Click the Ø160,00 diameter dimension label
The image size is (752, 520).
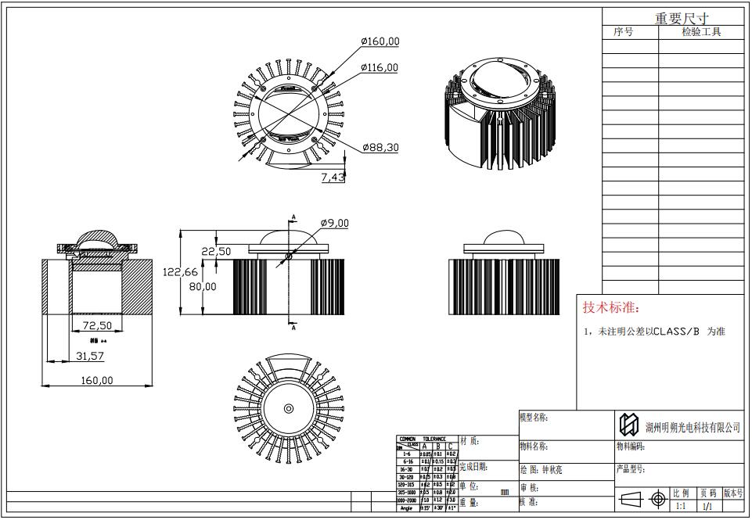coord(380,41)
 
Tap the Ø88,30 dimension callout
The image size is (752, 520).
coord(381,147)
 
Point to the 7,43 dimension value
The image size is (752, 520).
coord(333,178)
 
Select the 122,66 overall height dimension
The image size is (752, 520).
coord(180,272)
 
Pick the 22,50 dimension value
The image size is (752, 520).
coord(216,252)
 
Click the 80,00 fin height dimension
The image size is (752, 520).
coord(203,286)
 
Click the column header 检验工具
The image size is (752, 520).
coord(701,32)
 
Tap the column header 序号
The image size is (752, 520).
coord(624,32)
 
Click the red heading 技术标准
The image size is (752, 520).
coord(611,307)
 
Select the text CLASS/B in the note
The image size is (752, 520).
coord(675,332)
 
